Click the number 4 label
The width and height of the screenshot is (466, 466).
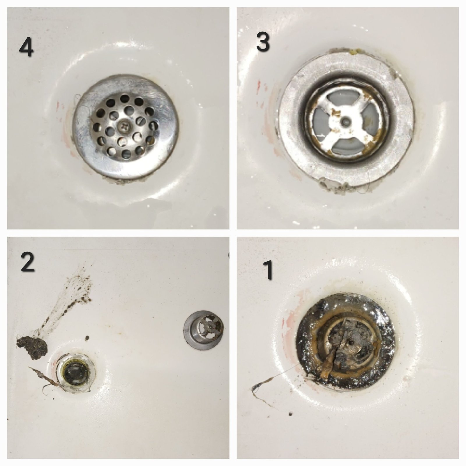tap(26, 48)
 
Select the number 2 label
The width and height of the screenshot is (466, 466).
tap(28, 263)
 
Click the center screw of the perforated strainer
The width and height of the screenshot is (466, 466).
tap(124, 126)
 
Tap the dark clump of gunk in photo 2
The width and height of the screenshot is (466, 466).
tap(31, 347)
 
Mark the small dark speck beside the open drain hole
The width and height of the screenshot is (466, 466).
tap(87, 338)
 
